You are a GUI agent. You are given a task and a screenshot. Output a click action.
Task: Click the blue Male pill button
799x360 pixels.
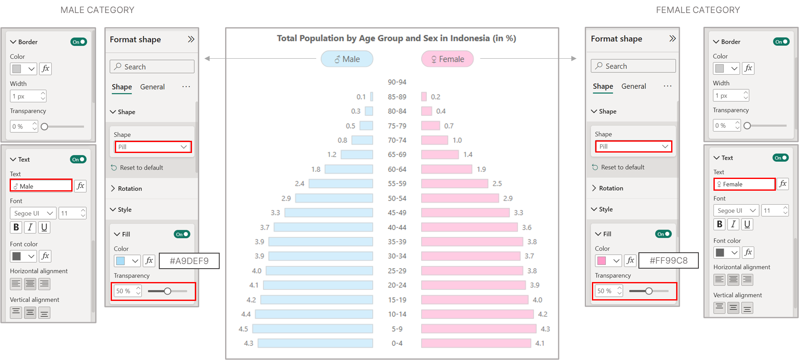pos(347,59)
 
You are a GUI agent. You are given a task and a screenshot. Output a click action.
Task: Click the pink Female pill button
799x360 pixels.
pos(447,59)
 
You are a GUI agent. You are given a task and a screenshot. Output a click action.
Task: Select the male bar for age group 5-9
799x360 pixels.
pos(312,329)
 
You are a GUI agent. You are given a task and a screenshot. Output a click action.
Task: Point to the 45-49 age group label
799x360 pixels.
pos(397,213)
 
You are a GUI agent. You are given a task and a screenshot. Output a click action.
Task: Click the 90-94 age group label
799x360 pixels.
pos(397,82)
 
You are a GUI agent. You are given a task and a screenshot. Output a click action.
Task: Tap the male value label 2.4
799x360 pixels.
pos(300,184)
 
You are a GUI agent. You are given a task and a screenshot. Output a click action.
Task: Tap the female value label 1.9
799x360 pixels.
pos(481,169)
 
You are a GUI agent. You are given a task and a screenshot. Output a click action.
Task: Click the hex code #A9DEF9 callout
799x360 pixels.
pos(189,261)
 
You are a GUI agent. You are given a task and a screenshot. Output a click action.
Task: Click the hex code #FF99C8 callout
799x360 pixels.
pos(669,260)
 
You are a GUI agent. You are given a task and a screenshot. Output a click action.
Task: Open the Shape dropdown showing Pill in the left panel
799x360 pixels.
pos(153,147)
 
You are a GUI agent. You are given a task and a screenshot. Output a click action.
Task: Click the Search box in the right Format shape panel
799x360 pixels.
pos(633,66)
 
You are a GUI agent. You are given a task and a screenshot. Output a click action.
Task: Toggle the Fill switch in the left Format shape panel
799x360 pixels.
pos(182,234)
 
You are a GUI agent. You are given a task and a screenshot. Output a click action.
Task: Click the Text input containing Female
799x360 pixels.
pos(745,184)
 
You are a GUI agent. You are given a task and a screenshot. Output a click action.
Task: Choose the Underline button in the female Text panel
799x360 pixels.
pos(747,224)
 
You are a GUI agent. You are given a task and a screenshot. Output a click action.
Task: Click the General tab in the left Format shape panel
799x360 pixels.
pos(152,87)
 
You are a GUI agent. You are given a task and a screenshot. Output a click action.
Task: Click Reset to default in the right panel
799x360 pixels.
pos(623,167)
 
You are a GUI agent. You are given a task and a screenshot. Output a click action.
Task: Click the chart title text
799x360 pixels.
pos(396,38)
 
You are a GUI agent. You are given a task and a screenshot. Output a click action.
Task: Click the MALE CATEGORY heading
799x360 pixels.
pos(97,10)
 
